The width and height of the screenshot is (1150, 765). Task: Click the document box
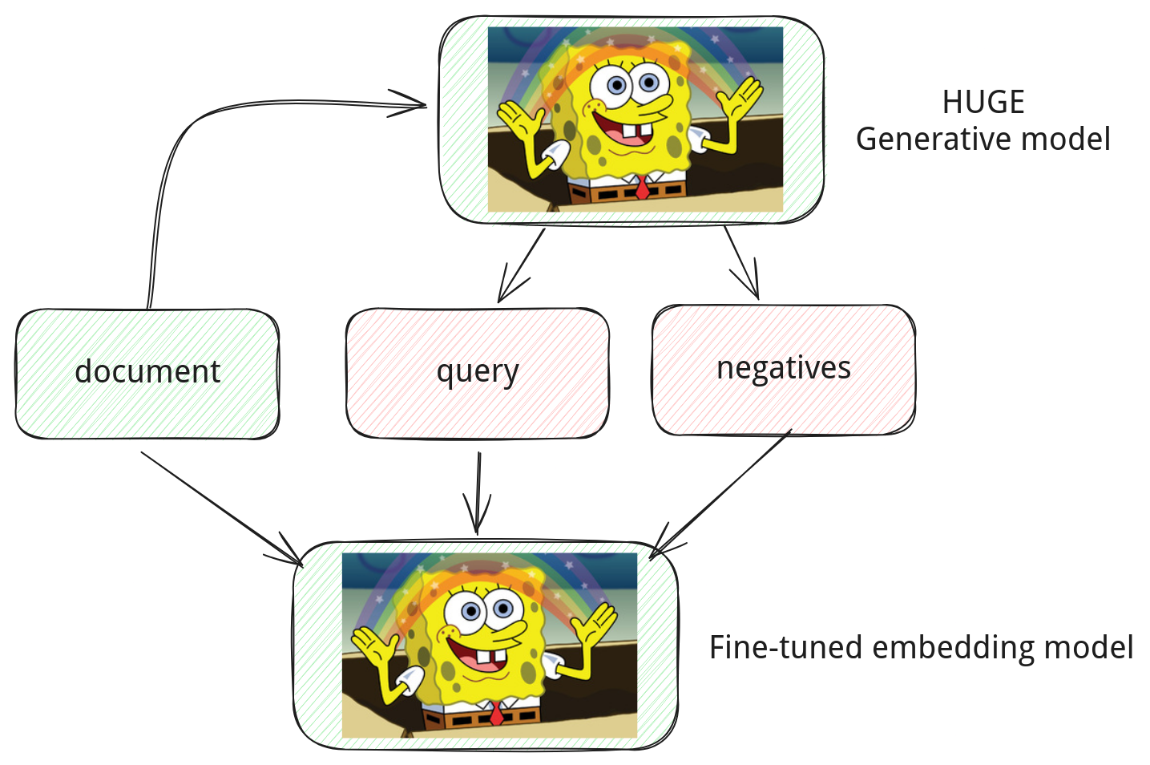click(x=147, y=374)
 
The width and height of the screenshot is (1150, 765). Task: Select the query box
click(x=478, y=373)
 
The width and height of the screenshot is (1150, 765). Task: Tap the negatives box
click(x=784, y=370)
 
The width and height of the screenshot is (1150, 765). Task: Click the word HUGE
click(x=983, y=102)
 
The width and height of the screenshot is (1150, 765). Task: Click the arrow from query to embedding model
click(x=478, y=493)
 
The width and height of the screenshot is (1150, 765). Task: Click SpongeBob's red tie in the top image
click(x=642, y=188)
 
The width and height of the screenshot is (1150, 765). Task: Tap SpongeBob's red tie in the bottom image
click(x=496, y=714)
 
